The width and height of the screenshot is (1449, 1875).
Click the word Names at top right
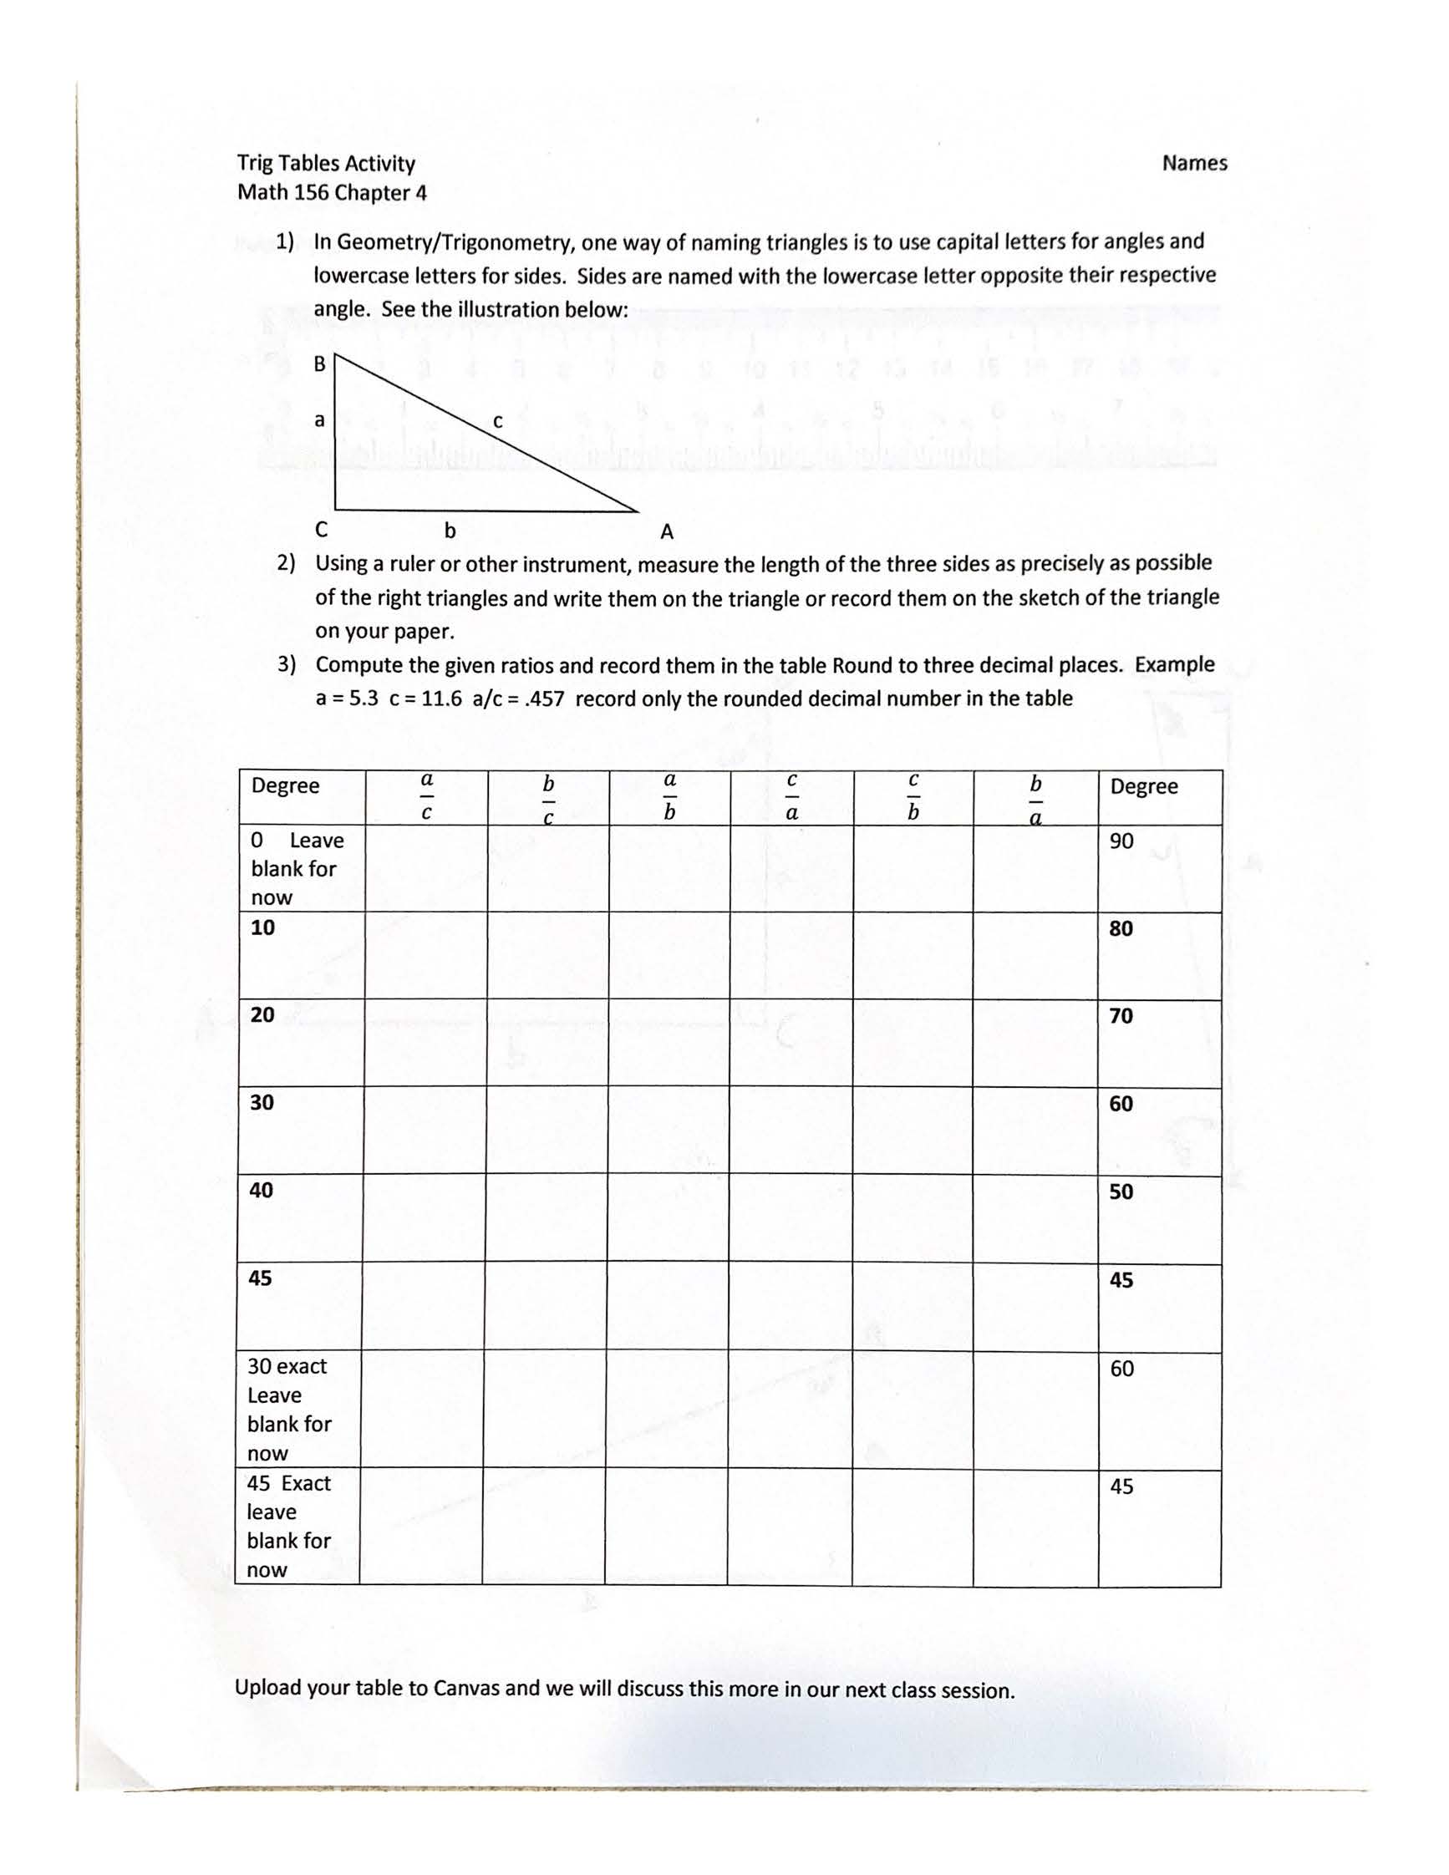1194,163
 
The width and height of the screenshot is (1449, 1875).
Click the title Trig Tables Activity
326,163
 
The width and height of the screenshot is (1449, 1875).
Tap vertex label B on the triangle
319,364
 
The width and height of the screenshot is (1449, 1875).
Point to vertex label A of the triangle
667,532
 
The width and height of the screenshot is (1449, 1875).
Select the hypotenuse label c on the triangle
497,420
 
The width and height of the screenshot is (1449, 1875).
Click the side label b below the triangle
450,531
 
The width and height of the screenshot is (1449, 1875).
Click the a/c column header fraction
427,795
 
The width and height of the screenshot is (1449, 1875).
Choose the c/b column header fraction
913,795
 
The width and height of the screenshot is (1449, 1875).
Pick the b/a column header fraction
1035,799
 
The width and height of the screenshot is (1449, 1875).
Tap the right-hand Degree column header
1143,786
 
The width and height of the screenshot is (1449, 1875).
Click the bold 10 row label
262,927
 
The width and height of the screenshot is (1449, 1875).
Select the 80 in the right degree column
1121,928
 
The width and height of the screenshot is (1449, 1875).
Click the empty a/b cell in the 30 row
669,1130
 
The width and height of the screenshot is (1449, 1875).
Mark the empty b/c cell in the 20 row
547,1042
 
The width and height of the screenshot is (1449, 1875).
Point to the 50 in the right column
1121,1192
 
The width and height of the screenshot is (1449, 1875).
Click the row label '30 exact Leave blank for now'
288,1408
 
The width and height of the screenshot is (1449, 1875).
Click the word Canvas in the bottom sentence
466,1688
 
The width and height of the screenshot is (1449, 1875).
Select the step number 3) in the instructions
287,664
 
